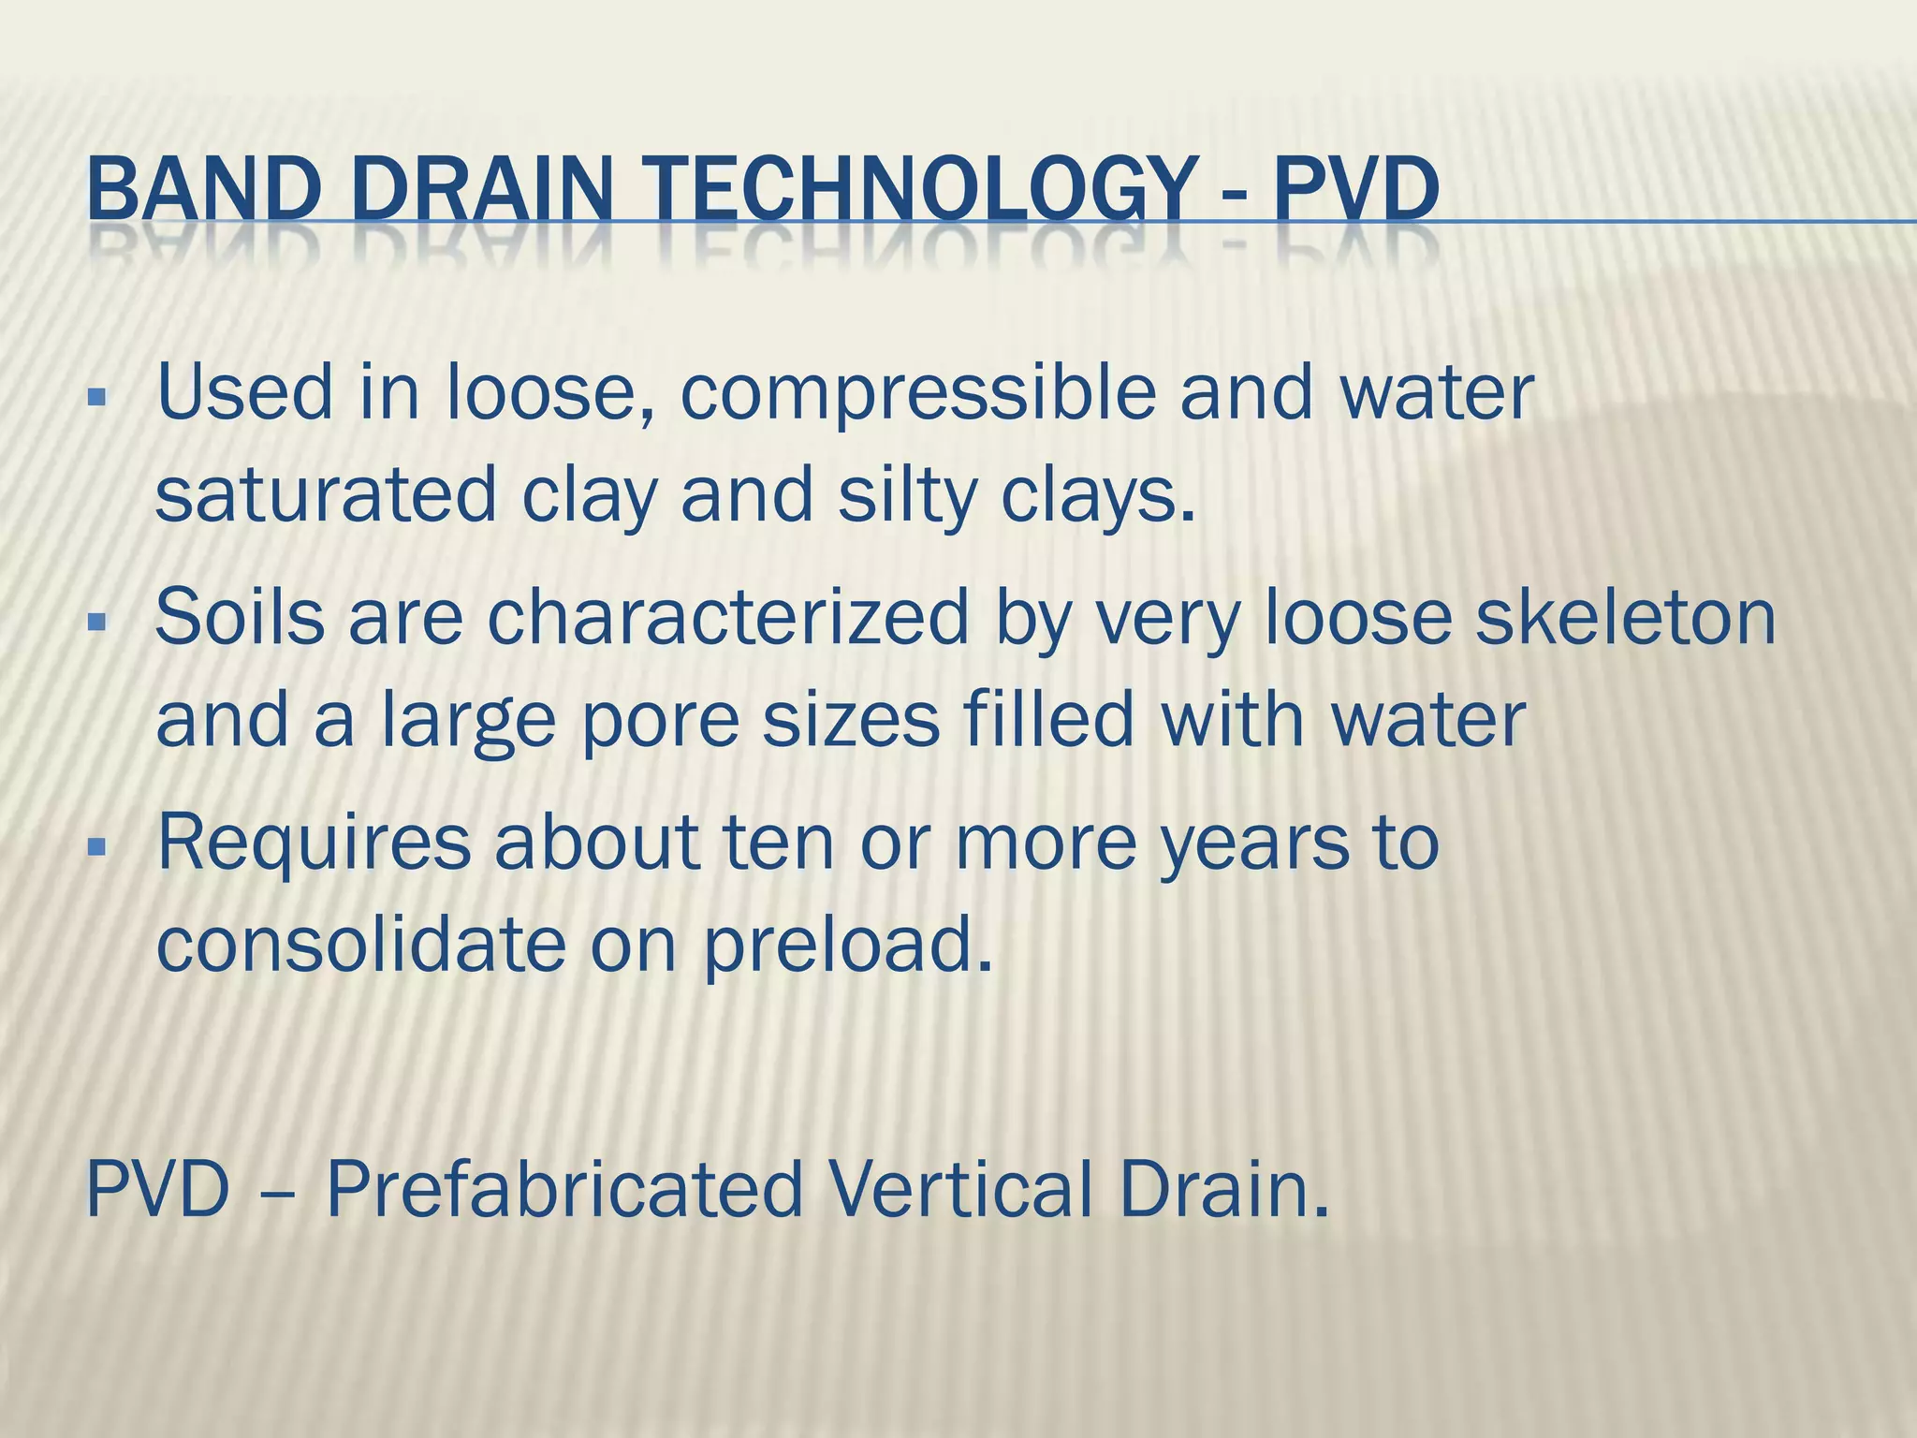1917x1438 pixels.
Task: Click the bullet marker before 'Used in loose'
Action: pos(96,397)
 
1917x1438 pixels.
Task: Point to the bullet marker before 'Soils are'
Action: pos(96,622)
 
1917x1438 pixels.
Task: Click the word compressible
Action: pos(917,393)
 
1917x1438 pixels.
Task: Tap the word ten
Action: pos(779,843)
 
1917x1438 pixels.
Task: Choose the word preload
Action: pos(846,946)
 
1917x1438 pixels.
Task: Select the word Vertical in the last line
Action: pos(960,1189)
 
